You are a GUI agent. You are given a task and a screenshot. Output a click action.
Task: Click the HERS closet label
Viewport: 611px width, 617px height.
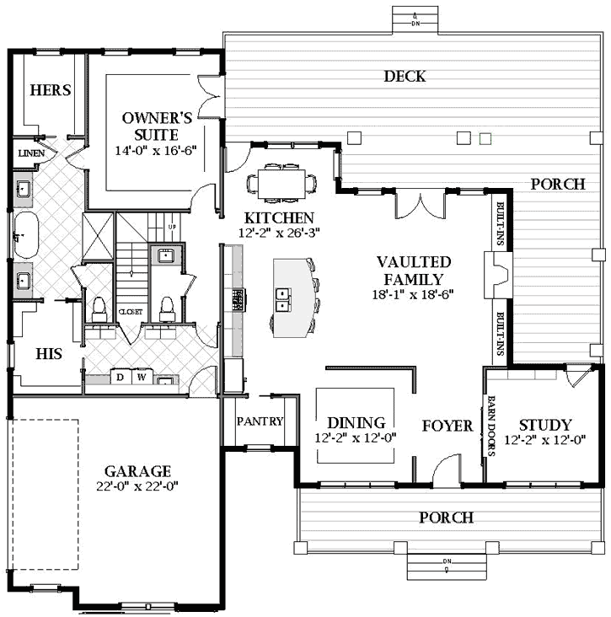[51, 90]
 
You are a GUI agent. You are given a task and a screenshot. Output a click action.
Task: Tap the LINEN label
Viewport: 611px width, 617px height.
[31, 153]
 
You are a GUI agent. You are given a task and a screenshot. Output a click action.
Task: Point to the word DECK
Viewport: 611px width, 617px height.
[405, 77]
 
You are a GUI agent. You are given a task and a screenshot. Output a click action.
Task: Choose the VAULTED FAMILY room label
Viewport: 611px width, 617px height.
[413, 271]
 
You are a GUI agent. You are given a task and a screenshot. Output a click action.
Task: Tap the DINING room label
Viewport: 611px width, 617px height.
[356, 422]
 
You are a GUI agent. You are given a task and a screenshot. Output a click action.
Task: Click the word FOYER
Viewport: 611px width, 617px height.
[448, 426]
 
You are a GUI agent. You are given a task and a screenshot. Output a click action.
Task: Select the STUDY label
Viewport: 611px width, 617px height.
[544, 425]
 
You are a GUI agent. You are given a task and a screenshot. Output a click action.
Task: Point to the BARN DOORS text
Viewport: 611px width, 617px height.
[491, 426]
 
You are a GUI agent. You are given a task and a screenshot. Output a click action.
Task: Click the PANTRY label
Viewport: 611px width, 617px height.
[260, 421]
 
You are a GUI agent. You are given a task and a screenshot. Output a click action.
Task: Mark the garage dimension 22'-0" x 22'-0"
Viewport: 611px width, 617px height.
[137, 486]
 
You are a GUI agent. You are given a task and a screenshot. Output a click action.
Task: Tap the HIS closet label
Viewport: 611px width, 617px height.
[49, 354]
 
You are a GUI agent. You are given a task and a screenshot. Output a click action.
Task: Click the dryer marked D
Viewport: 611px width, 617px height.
[120, 377]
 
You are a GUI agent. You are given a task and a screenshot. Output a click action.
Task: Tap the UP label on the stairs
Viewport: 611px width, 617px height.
[173, 228]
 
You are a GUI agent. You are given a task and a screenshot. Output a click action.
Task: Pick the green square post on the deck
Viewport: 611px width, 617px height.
[485, 137]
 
